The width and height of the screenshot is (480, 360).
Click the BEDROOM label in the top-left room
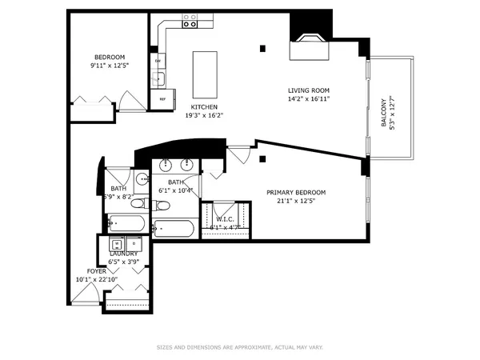point(110,57)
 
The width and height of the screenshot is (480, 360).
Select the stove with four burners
point(190,21)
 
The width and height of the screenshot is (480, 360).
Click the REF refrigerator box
point(162,99)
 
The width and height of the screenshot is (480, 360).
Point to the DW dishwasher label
point(158,61)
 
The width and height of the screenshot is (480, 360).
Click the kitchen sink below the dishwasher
point(158,78)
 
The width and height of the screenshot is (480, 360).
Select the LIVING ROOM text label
point(309,90)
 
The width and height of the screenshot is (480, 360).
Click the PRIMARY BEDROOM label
point(296,193)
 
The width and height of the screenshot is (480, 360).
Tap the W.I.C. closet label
point(224,220)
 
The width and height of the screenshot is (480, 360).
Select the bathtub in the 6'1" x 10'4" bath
point(175,228)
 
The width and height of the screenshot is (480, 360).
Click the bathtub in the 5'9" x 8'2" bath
point(124,223)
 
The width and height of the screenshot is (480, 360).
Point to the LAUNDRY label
point(123,254)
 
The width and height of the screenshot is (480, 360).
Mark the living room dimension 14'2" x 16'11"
point(309,98)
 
